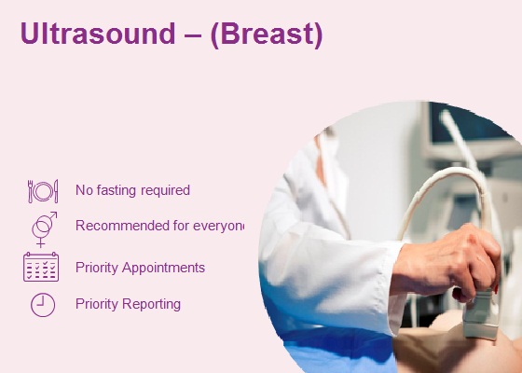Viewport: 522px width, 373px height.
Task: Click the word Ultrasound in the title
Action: pos(98,34)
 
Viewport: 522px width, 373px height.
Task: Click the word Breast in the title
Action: pos(267,34)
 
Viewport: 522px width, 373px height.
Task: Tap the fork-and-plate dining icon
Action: pos(43,191)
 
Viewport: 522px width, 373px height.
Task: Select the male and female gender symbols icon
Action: pos(44,229)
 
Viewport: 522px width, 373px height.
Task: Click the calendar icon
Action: pos(41,267)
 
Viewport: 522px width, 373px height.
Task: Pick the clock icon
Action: pos(43,305)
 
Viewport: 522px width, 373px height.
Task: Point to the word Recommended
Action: pos(123,226)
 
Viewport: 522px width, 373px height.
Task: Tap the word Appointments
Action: pos(163,268)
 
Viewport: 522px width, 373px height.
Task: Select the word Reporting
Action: pos(151,304)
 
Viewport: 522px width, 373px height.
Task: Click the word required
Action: pos(166,190)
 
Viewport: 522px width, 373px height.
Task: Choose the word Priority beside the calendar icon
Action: pos(97,268)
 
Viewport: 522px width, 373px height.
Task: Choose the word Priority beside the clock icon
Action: pos(97,304)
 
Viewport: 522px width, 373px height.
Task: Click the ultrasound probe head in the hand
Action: pos(480,316)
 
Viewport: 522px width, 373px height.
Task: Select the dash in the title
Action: pos(193,35)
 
